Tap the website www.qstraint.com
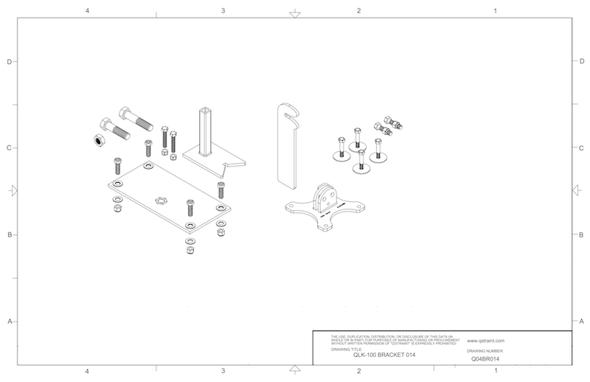coord(485,341)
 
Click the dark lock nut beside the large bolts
coord(96,140)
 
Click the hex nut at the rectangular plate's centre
coord(162,200)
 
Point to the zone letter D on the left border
coord(9,62)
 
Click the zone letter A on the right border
coord(583,322)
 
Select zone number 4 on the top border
coord(88,11)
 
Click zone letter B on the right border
coord(583,235)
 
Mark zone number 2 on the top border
coord(358,11)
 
